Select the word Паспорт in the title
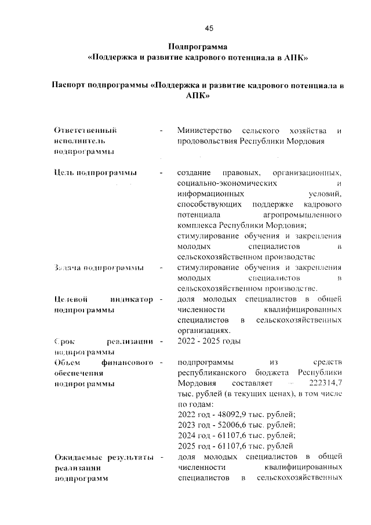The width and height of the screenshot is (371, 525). pyautogui.click(x=69, y=85)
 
